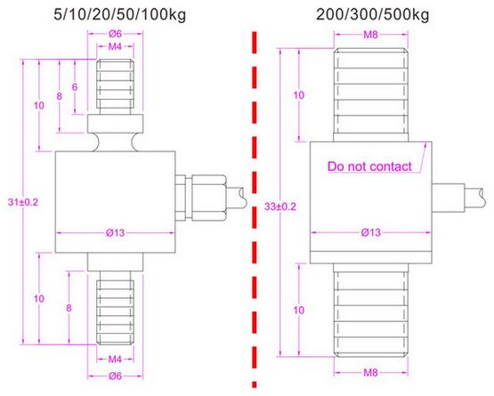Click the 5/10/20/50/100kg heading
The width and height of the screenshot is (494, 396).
click(120, 14)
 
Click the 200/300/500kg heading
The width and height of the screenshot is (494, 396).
click(373, 14)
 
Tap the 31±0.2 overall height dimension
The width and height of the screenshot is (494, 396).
click(23, 202)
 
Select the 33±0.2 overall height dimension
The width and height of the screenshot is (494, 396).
click(280, 206)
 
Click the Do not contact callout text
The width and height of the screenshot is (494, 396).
click(369, 166)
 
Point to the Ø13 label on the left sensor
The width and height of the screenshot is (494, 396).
click(116, 233)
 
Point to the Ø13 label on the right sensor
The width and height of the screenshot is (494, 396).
click(371, 232)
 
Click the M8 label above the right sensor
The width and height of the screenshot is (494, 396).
click(370, 35)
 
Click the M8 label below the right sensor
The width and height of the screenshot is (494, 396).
click(370, 373)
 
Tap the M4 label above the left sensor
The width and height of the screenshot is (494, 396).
click(115, 46)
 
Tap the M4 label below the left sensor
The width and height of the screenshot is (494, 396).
click(115, 359)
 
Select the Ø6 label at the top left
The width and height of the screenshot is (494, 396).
click(116, 34)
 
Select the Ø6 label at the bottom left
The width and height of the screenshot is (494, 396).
click(116, 376)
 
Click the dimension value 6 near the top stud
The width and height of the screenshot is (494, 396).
click(75, 87)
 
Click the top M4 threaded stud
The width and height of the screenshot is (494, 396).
click(115, 87)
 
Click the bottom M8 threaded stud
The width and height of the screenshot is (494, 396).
click(371, 311)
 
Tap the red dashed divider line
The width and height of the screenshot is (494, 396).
click(255, 209)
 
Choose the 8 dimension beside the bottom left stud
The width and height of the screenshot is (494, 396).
click(69, 308)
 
